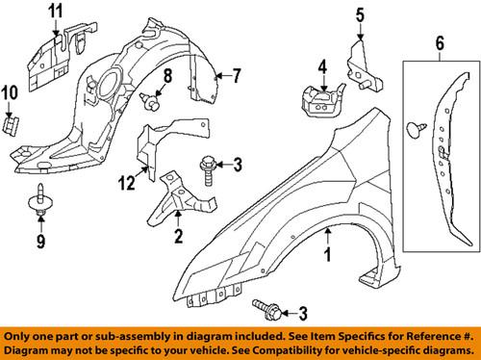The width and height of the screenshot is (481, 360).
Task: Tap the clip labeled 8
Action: pos(151,98)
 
